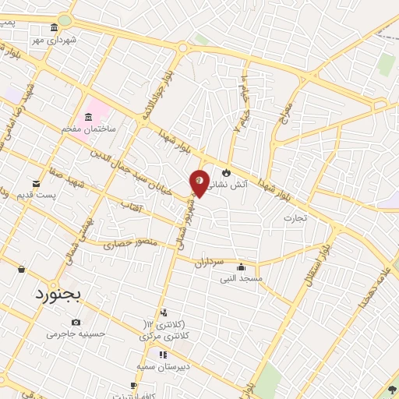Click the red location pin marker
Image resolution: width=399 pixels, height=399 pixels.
(x=199, y=182)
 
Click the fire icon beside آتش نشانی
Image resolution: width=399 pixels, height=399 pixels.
(x=227, y=172)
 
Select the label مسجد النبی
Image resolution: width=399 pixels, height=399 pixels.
(x=241, y=277)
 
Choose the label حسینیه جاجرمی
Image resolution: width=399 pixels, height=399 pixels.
(x=75, y=334)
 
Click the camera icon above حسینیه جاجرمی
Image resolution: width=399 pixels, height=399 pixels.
(x=76, y=322)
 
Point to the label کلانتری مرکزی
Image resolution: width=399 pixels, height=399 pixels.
(x=164, y=336)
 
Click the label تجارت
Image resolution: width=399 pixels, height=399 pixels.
(x=295, y=217)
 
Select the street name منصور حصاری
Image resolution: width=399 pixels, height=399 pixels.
(x=131, y=242)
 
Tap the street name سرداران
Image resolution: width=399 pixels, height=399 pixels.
(x=210, y=263)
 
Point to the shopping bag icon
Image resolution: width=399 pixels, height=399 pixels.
(x=21, y=269)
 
